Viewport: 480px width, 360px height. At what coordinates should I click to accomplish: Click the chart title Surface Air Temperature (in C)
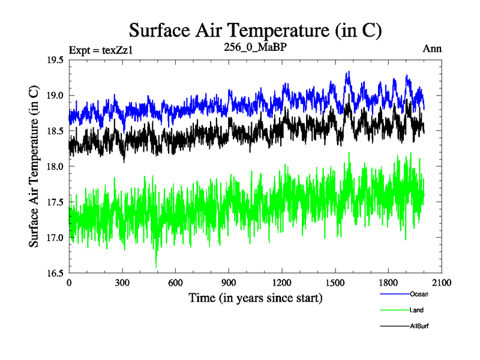point(255,29)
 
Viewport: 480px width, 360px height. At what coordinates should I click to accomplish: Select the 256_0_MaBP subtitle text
point(255,49)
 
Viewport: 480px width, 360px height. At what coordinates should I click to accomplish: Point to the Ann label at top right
point(433,49)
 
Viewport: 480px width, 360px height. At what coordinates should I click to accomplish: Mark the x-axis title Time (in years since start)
point(255,298)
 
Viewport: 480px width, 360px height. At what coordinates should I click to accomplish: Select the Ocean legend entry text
point(419,294)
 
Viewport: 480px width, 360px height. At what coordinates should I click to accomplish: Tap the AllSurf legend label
point(419,326)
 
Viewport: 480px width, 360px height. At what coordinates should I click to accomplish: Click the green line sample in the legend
point(394,310)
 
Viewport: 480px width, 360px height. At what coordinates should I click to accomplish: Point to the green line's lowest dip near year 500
point(156,267)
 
